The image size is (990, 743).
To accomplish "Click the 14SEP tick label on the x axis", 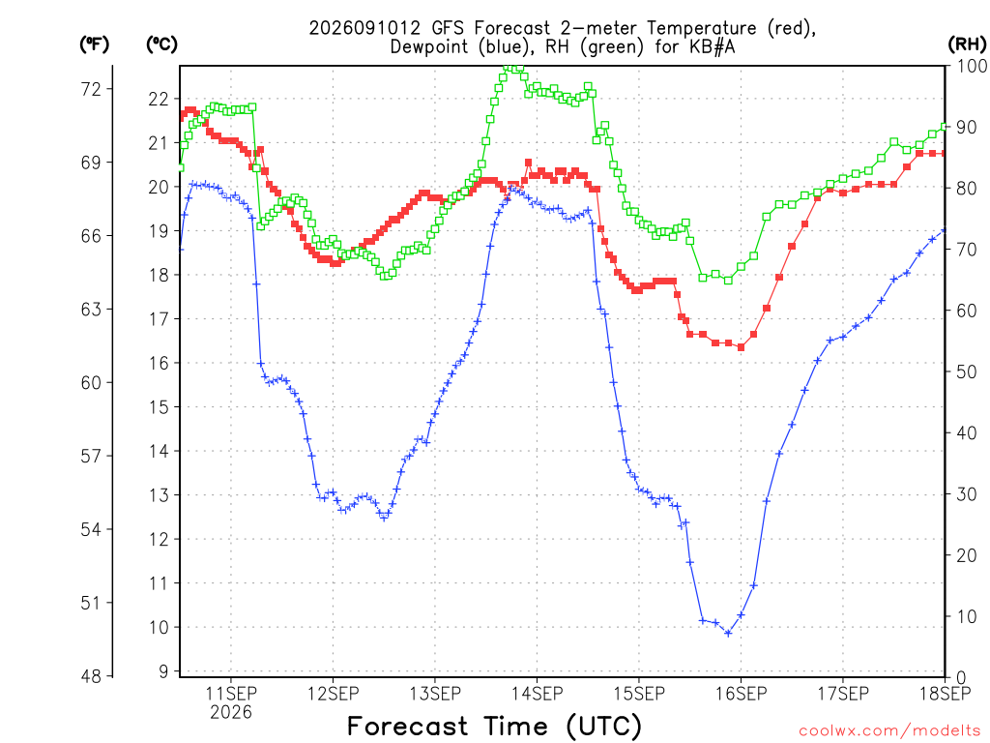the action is pos(537,694).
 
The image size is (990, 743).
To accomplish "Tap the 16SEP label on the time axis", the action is pos(741,694).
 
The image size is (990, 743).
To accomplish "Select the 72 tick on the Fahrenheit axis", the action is pos(91,89).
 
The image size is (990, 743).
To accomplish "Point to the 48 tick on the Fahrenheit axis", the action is pos(91,676).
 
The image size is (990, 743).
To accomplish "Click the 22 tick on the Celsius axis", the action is pos(160,100).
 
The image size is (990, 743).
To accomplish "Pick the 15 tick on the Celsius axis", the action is pos(160,407).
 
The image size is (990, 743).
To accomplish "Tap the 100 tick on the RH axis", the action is pos(973,66).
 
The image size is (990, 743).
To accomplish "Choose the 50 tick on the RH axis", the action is pos(968,371).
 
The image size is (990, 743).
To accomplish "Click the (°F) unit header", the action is pos(94,45).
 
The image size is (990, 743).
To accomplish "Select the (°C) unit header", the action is pos(161,45).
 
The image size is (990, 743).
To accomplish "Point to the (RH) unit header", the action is pos(967,45).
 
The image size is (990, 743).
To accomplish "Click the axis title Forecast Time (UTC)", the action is pos(494,726).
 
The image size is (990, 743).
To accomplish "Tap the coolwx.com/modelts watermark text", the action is pos(889,731).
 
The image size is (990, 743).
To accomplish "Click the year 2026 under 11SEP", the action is pos(231,712).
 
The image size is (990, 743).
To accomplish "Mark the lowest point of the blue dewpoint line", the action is pos(728,633).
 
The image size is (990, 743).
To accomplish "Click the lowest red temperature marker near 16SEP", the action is pos(741,347).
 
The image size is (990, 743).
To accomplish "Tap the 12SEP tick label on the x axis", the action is pos(333,694).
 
